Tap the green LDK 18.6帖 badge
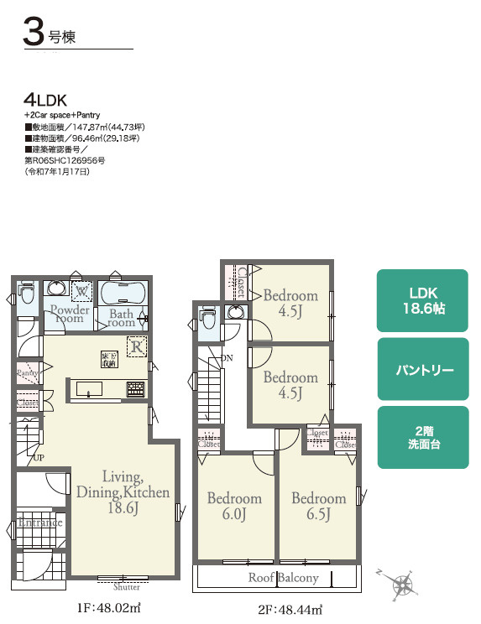tap(423, 299)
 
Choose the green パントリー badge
tap(423, 369)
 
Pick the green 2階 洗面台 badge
tap(423, 437)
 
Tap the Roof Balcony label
tap(283, 579)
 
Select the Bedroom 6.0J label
tap(234, 506)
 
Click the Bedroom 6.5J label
tap(318, 506)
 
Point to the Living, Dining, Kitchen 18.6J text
tap(123, 491)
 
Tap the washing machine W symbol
tap(82, 292)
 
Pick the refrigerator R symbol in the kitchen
tap(135, 345)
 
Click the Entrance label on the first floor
tap(39, 523)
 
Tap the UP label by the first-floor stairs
tap(39, 458)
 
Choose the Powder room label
tap(69, 314)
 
